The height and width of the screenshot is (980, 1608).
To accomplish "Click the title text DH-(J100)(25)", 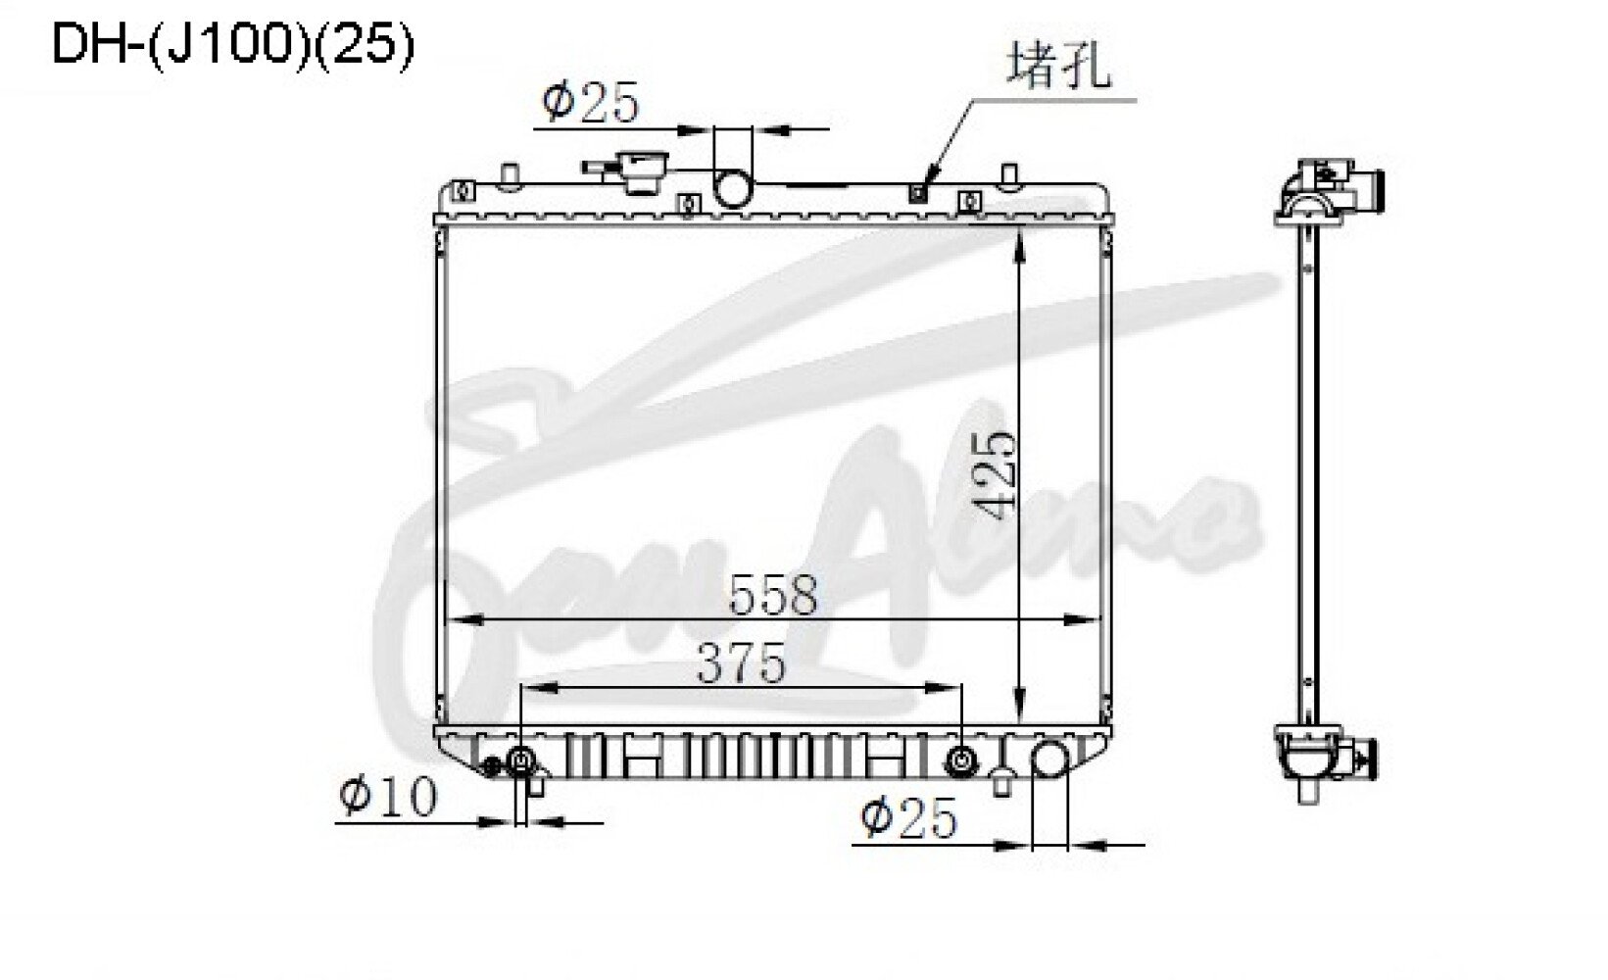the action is click(x=233, y=44).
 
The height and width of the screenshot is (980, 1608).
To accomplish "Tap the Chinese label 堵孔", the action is click(x=1059, y=66).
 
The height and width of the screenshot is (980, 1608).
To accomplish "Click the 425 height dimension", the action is click(x=997, y=474).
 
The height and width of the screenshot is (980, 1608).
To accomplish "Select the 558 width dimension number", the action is click(x=773, y=594).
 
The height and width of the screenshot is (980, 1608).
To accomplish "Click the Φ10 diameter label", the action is click(x=388, y=796).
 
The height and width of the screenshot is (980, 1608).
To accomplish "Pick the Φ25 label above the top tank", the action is click(x=589, y=102).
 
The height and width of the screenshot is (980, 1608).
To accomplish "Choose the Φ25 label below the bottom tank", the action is click(x=908, y=817).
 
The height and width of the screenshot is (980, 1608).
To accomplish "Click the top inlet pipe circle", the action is click(x=733, y=188).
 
